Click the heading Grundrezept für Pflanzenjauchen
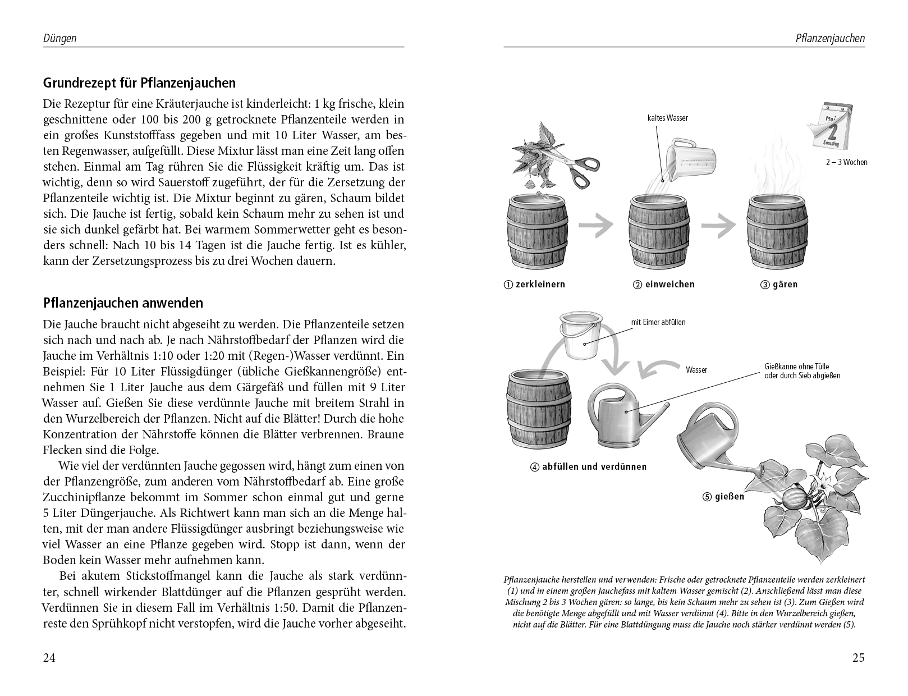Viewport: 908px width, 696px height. pyautogui.click(x=139, y=83)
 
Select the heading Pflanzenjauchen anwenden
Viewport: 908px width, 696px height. pyautogui.click(x=123, y=303)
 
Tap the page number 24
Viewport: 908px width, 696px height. pyautogui.click(x=49, y=658)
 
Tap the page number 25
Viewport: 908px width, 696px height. pyautogui.click(x=858, y=658)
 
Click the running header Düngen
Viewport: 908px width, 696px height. pyautogui.click(x=59, y=39)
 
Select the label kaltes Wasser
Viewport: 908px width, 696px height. pyautogui.click(x=667, y=118)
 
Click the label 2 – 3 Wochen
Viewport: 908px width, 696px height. pyautogui.click(x=847, y=162)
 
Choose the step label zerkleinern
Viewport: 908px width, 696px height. pyautogui.click(x=535, y=284)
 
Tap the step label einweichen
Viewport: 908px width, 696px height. pyautogui.click(x=664, y=284)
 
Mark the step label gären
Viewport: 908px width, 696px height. pyautogui.click(x=779, y=284)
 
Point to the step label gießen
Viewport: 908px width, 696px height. pyautogui.click(x=723, y=496)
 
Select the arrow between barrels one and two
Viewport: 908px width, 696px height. pyautogui.click(x=596, y=226)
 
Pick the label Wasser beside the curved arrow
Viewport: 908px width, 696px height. pyautogui.click(x=696, y=370)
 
